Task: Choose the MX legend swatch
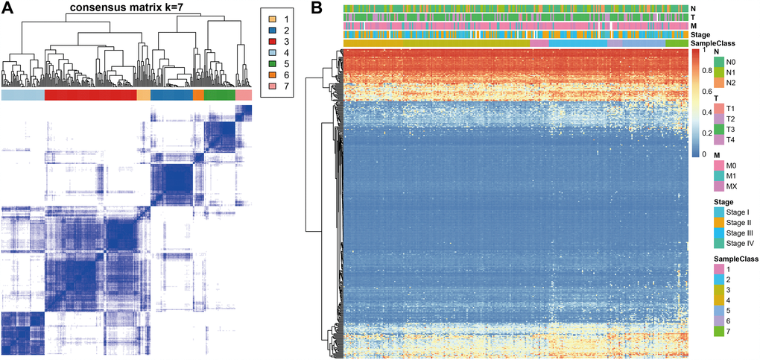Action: (720, 187)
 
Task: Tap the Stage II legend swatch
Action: (720, 223)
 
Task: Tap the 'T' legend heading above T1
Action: (717, 98)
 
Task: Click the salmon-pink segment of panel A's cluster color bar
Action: (244, 95)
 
